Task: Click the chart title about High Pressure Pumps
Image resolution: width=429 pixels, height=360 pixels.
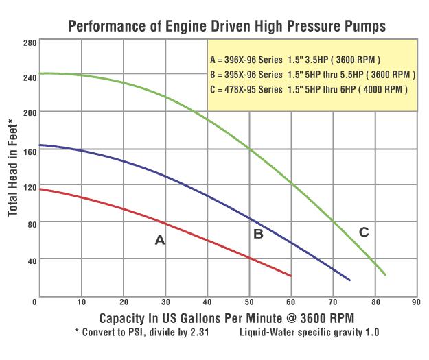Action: pyautogui.click(x=226, y=27)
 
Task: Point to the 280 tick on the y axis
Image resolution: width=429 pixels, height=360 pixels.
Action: pyautogui.click(x=29, y=43)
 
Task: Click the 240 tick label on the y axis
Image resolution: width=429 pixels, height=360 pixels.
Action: pyautogui.click(x=29, y=77)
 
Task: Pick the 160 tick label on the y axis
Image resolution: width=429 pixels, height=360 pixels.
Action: pyautogui.click(x=29, y=152)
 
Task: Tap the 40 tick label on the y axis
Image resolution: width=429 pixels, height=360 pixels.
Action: pyautogui.click(x=30, y=260)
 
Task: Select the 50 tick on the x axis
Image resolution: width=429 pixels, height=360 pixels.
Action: pyautogui.click(x=248, y=301)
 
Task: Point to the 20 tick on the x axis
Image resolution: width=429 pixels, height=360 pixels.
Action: pyautogui.click(x=124, y=301)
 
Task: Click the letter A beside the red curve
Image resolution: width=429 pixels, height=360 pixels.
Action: pyautogui.click(x=160, y=240)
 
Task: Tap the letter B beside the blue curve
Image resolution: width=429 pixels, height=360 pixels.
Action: pyautogui.click(x=258, y=234)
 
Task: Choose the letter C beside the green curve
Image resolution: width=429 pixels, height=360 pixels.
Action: pyautogui.click(x=364, y=232)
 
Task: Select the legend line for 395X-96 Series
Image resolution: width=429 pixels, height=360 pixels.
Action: pyautogui.click(x=312, y=74)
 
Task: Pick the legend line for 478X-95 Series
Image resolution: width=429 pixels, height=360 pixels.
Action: pyautogui.click(x=309, y=89)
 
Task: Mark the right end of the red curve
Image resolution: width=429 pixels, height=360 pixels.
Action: pyautogui.click(x=291, y=276)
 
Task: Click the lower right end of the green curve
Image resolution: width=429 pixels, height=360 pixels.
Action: pyautogui.click(x=385, y=274)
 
